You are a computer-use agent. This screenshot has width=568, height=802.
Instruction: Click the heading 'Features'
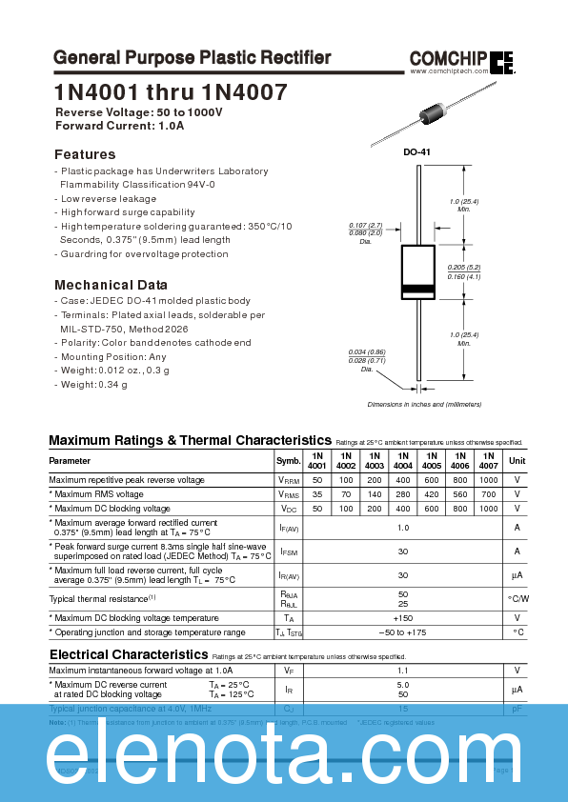point(85,154)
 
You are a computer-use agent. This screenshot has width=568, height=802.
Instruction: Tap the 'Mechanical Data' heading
point(111,285)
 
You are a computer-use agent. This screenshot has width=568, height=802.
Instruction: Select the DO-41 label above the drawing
point(417,152)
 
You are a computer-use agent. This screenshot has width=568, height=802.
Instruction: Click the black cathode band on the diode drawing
point(417,289)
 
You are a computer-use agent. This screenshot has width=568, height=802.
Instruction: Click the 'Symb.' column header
point(288,461)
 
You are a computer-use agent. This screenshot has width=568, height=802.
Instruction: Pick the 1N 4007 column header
point(488,461)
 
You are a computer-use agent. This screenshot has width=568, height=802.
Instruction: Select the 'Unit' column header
point(517,461)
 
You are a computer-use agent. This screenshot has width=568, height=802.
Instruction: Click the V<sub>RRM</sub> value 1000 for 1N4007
point(488,480)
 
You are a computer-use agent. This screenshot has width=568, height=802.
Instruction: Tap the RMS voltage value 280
point(402,494)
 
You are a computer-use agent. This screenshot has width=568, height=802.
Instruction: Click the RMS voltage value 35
point(316,494)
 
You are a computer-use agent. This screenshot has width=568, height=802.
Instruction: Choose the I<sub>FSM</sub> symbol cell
point(288,551)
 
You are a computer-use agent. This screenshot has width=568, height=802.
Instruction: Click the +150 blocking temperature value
point(402,618)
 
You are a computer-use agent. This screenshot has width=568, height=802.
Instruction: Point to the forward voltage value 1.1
point(402,671)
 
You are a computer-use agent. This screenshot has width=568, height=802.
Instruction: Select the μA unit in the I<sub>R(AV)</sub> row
point(517,575)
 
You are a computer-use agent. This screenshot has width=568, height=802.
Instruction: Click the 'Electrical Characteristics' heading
point(128,655)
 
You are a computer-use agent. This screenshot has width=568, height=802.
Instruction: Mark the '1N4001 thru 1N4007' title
point(170,92)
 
